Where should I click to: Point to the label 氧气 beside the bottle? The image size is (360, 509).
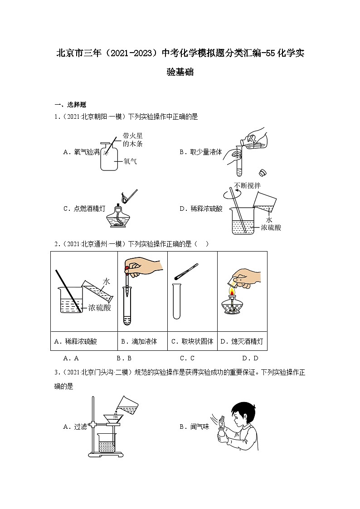coord(130,161)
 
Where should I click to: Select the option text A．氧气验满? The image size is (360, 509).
coord(81,152)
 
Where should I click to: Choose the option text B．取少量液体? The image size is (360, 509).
coord(200,152)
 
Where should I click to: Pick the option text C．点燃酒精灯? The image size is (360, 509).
coord(84,209)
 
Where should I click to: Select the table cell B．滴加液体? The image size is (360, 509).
coord(139,342)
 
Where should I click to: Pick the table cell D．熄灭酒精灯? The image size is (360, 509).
coord(242,342)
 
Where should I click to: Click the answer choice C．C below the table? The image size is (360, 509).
coord(187,358)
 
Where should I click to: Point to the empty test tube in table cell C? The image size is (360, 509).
coord(177,301)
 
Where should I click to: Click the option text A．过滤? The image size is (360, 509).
coord(75,427)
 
